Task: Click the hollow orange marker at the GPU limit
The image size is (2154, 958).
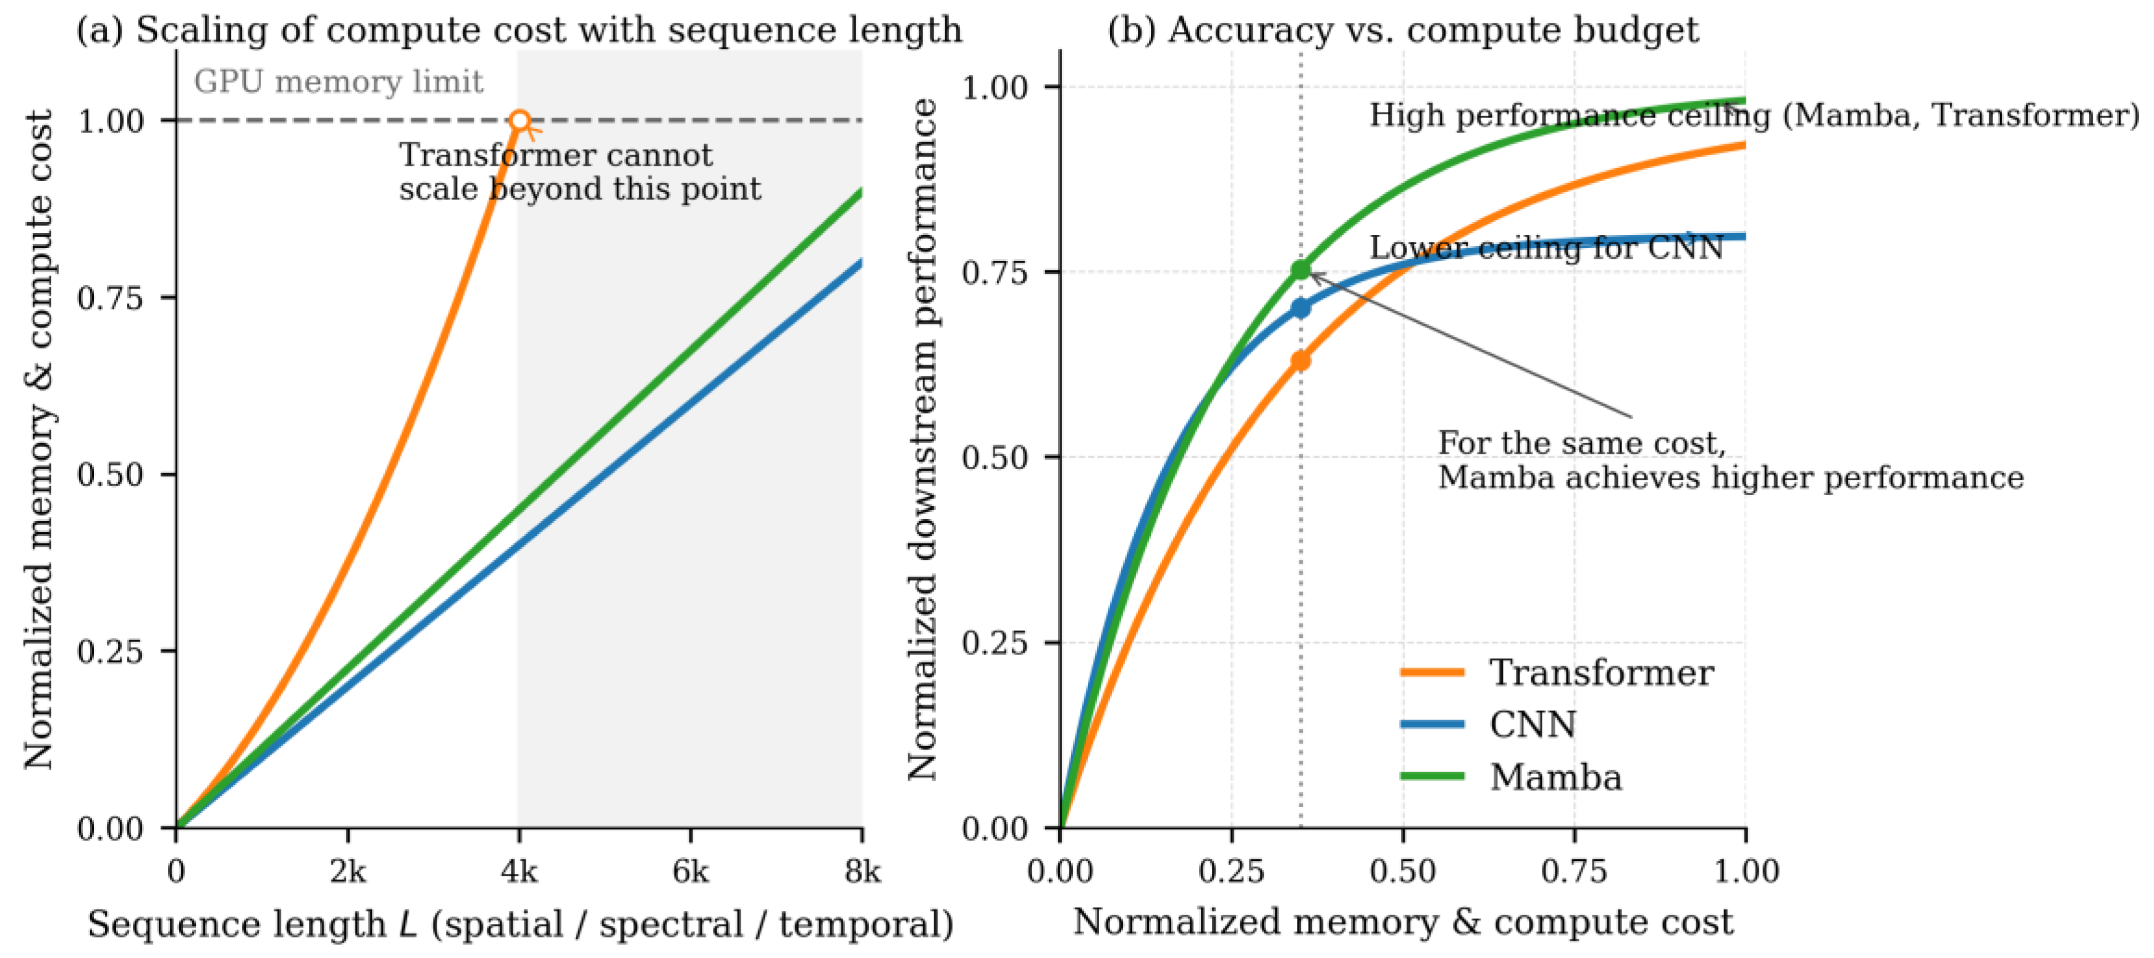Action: point(520,121)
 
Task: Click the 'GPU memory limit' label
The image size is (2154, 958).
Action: point(338,82)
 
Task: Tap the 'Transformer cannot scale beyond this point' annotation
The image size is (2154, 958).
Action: point(579,172)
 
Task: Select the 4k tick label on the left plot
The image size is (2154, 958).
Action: point(520,872)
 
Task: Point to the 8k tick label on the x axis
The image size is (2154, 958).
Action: point(862,872)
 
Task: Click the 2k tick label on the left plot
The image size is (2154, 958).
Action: point(348,872)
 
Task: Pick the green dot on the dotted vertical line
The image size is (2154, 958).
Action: point(1300,269)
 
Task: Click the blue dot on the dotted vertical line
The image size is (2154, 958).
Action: point(1300,308)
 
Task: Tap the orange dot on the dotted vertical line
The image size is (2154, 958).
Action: point(1300,360)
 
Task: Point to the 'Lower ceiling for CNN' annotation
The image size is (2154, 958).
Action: point(1546,248)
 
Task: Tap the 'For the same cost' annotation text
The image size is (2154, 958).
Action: point(1729,460)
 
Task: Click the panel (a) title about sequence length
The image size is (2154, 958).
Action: point(518,30)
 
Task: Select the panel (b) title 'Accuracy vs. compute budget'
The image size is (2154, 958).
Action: point(1402,30)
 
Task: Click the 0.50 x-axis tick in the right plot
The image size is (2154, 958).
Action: point(1402,872)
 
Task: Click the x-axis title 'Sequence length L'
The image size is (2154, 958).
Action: point(520,925)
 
